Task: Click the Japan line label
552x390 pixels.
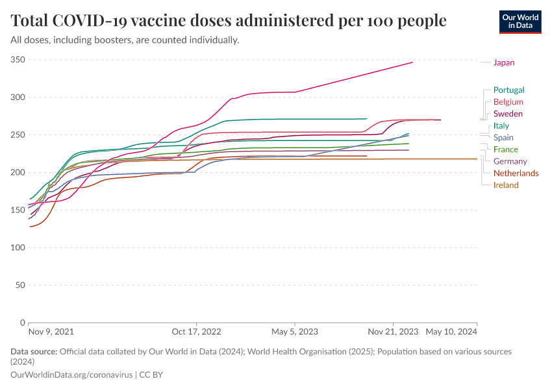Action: (x=503, y=62)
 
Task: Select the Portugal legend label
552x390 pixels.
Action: (x=508, y=90)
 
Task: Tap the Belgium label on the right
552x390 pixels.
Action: (x=508, y=102)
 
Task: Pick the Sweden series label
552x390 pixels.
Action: (x=508, y=114)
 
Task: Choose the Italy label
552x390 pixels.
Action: (x=501, y=125)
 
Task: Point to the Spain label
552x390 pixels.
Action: (x=503, y=138)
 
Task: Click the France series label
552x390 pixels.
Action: (x=506, y=149)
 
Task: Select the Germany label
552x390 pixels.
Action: (x=510, y=161)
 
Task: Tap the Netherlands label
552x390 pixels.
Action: (x=516, y=174)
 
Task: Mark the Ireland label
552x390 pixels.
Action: (x=506, y=185)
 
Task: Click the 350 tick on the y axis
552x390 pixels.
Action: (x=18, y=60)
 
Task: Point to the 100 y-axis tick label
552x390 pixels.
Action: (x=18, y=248)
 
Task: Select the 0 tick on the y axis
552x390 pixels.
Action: (x=22, y=322)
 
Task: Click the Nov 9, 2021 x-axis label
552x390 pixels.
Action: (x=51, y=331)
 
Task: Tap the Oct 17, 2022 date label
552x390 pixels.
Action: (x=196, y=331)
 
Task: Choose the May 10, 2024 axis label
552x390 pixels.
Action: (x=451, y=331)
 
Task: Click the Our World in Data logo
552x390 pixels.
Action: (x=520, y=21)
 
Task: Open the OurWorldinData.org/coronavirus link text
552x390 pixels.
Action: (x=71, y=375)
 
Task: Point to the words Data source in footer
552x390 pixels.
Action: (x=34, y=352)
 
